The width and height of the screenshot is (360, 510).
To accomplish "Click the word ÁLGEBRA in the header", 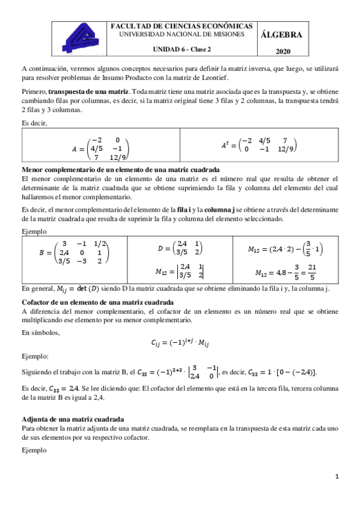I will coord(282,35).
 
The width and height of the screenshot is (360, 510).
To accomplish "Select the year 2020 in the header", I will coord(282,52).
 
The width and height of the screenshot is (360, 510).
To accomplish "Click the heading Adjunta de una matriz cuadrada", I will coord(73,419).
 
